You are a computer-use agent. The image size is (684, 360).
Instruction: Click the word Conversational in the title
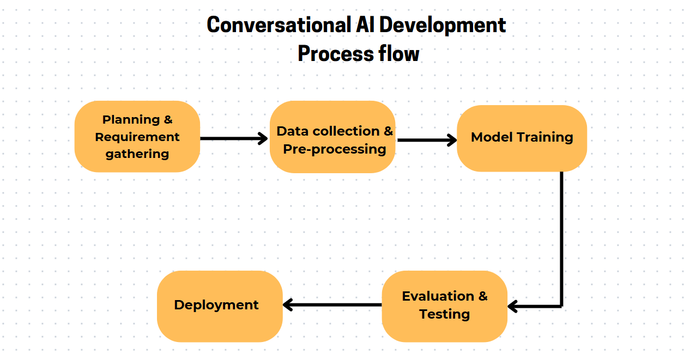[277, 25]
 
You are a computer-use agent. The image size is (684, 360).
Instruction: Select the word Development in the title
[443, 25]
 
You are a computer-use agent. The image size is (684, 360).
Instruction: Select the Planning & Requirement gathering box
[137, 136]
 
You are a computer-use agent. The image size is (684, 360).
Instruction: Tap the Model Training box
[522, 138]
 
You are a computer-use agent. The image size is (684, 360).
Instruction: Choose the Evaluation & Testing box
[444, 306]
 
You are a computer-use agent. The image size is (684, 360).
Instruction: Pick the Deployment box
[220, 306]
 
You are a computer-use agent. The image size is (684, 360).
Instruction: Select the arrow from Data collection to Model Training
[426, 140]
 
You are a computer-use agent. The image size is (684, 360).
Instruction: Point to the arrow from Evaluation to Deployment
[332, 304]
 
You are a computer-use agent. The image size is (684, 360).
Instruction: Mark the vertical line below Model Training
[561, 240]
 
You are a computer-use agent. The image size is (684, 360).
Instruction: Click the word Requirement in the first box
[137, 137]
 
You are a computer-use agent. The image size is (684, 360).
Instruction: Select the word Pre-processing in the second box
[335, 149]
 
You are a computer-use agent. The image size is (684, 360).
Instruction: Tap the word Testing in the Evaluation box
[444, 314]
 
